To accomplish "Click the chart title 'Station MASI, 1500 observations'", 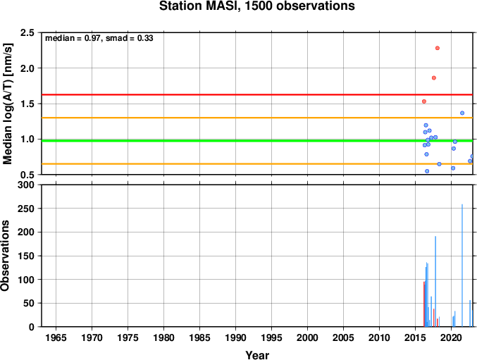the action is click(257, 6).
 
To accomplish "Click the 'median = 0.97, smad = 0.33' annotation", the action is click(99, 38).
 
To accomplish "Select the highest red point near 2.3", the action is click(438, 48).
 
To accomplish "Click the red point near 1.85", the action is click(434, 77).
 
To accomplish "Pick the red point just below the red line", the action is click(424, 101).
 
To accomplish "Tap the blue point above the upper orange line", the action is click(462, 113).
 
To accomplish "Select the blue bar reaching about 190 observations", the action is click(435, 282).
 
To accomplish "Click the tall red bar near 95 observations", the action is click(423, 304).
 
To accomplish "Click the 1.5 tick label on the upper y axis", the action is click(27, 104).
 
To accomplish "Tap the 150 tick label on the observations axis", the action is click(26, 256).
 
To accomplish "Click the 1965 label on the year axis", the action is click(56, 337).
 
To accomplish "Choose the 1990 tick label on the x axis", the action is click(235, 337).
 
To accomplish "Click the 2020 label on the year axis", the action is click(451, 337).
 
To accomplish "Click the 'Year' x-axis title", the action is click(257, 355).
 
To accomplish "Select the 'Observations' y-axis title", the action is click(5, 256).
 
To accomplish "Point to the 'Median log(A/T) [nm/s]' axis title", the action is click(7, 104).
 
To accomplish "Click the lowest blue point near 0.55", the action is click(427, 171).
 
